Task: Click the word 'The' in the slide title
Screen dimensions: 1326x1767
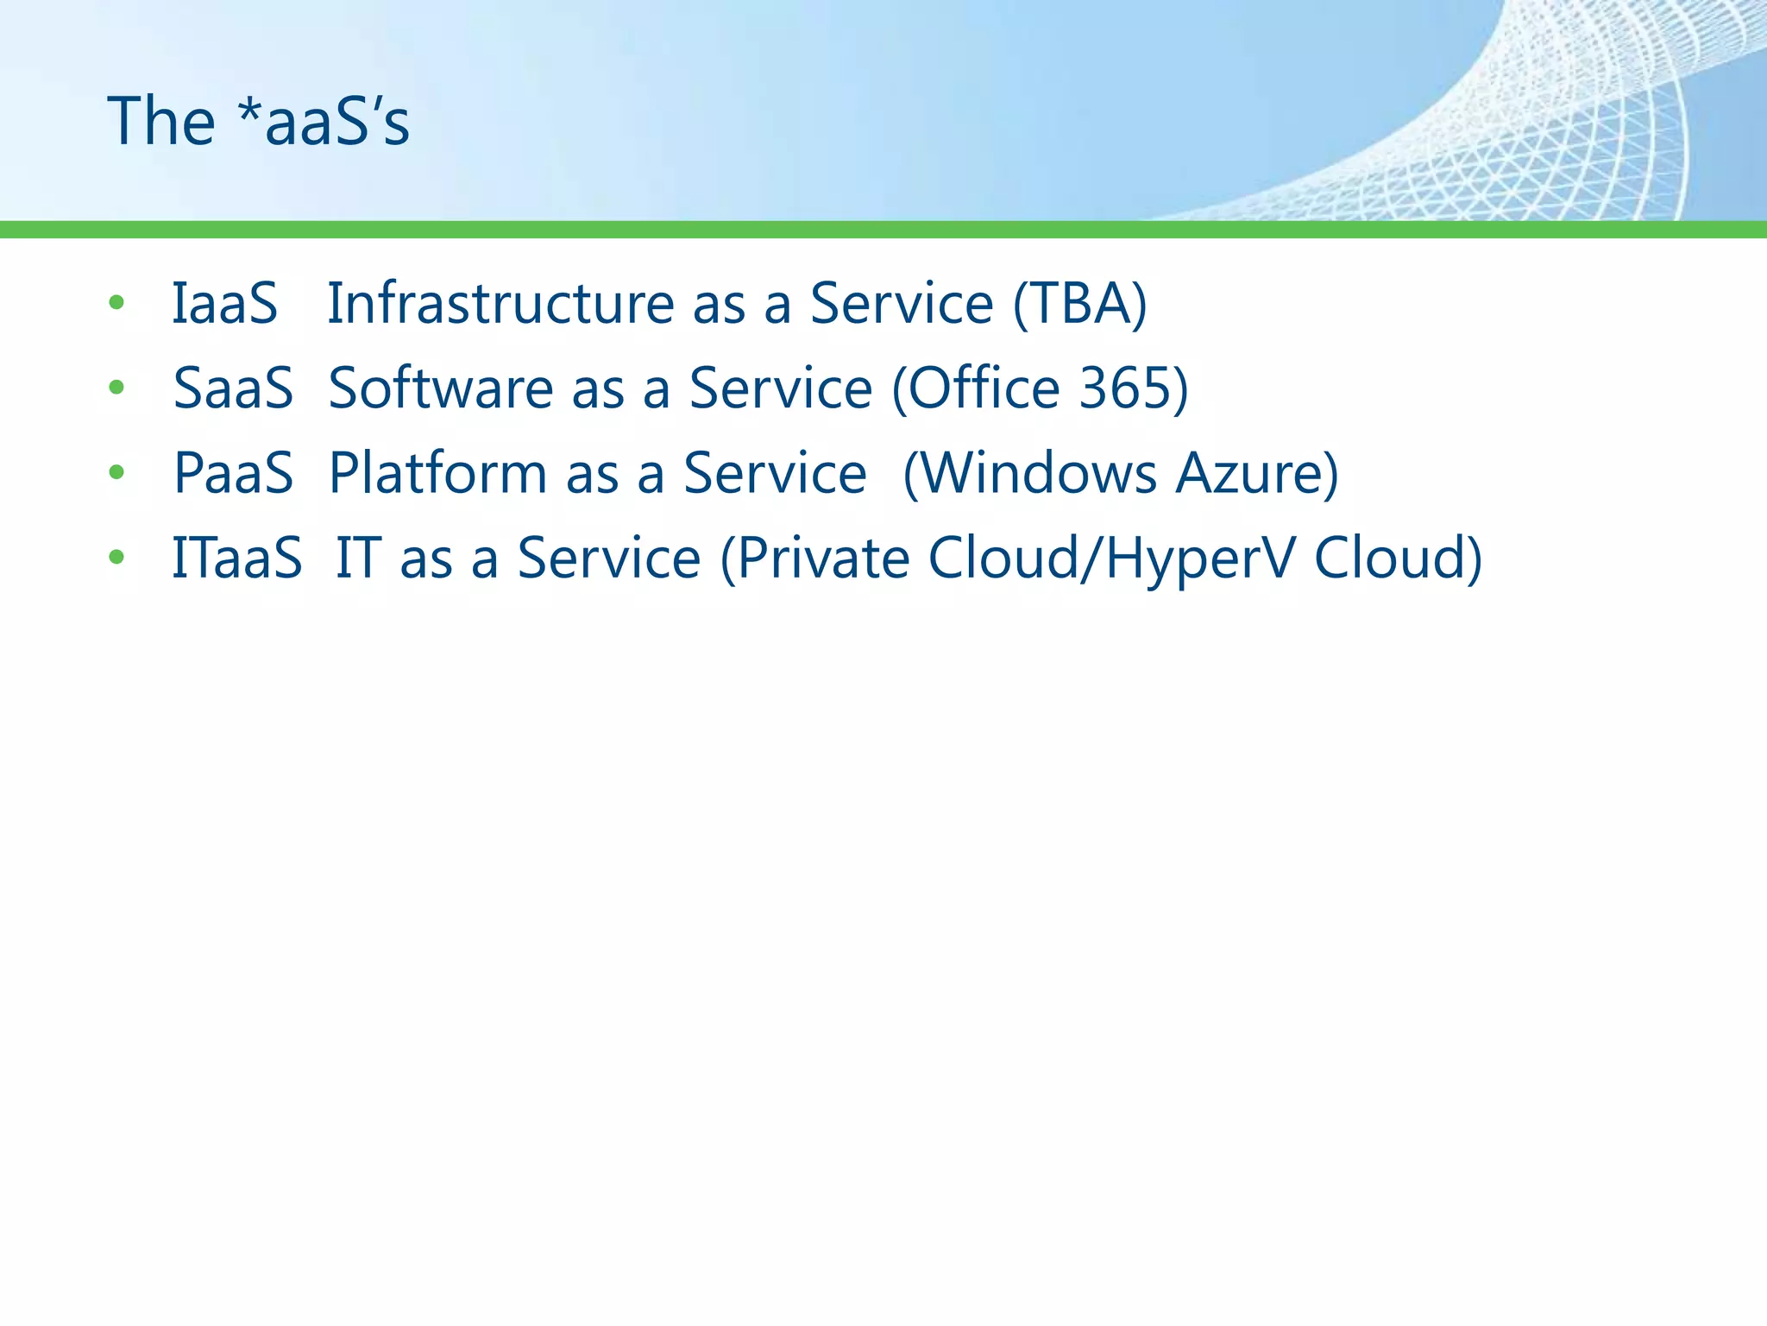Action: pyautogui.click(x=160, y=121)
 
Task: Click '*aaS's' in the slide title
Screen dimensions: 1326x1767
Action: pyautogui.click(x=324, y=121)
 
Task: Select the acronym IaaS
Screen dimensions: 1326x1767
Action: pyautogui.click(x=224, y=304)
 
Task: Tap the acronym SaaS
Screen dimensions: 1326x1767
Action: pyautogui.click(x=233, y=388)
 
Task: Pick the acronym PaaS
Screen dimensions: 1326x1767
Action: pyautogui.click(x=233, y=473)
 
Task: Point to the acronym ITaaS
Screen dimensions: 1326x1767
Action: pyautogui.click(x=237, y=558)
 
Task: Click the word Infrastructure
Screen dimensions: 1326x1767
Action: pyautogui.click(x=500, y=304)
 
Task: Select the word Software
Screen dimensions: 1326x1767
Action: pyautogui.click(x=441, y=388)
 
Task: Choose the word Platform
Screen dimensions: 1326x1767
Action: pyautogui.click(x=437, y=473)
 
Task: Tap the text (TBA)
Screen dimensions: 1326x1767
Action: pyautogui.click(x=1079, y=304)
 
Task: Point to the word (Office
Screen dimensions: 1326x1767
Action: pyautogui.click(x=975, y=388)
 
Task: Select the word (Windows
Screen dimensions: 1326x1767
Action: pyautogui.click(x=1029, y=473)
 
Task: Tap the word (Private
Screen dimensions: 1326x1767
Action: pyautogui.click(x=814, y=559)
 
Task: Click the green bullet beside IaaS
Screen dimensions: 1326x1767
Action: pyautogui.click(x=116, y=303)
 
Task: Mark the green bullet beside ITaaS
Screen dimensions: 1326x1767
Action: pyautogui.click(x=116, y=557)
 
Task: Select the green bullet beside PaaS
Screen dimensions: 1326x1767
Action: pyautogui.click(x=116, y=472)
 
